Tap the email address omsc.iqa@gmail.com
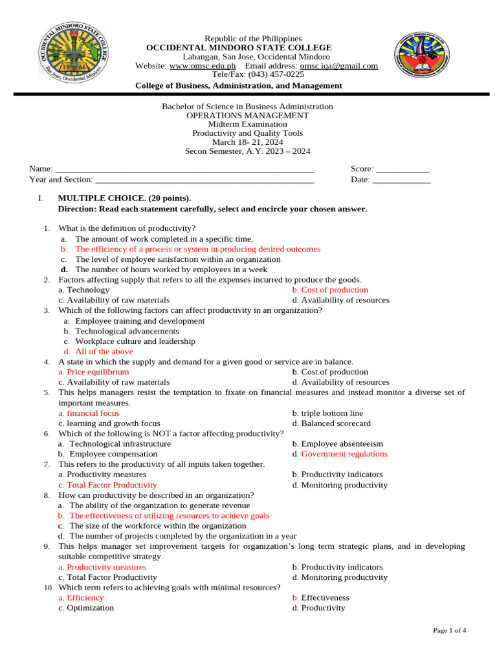(338, 66)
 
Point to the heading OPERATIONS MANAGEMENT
(247, 116)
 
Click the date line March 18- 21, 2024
(247, 142)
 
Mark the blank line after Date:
(401, 180)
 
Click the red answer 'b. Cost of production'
(330, 290)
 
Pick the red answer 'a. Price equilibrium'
(94, 372)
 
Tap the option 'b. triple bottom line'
(327, 413)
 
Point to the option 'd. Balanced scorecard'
(331, 423)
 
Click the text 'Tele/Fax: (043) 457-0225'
(247, 74)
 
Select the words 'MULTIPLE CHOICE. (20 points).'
(124, 198)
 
